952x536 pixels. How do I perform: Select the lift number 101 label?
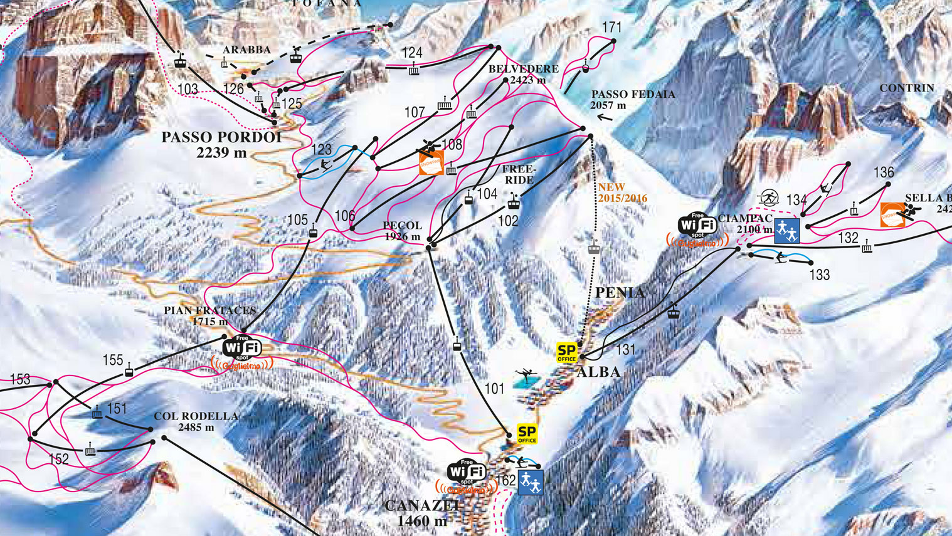(494, 389)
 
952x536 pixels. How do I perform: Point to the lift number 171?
(611, 27)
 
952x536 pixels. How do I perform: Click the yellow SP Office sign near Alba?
(566, 353)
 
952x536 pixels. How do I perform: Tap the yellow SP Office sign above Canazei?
(527, 434)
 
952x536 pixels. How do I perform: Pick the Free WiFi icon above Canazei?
(467, 472)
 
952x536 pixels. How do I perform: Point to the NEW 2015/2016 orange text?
(621, 192)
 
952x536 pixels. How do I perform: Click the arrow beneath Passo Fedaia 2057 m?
(605, 117)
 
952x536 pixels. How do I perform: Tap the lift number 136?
(883, 172)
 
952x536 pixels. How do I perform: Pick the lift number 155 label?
(113, 360)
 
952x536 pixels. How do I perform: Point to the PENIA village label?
(620, 293)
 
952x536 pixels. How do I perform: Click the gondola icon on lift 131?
(673, 311)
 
